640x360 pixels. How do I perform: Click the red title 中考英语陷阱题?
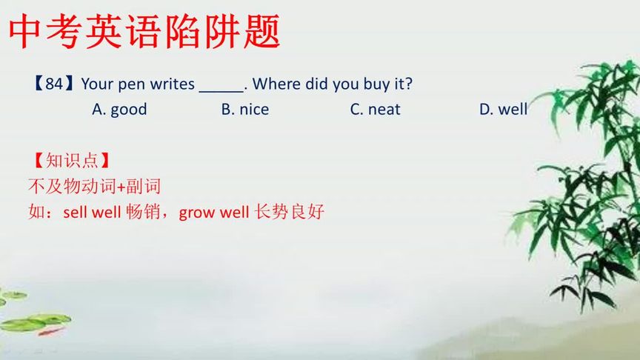(x=144, y=31)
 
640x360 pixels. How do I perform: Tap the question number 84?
(x=54, y=84)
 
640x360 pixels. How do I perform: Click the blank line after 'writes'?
(x=221, y=91)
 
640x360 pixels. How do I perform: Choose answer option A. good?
(x=119, y=110)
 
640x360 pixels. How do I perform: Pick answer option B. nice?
(x=245, y=110)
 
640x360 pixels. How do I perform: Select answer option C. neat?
(x=375, y=110)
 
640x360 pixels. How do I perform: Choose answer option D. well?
(x=503, y=109)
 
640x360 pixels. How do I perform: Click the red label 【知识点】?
(x=72, y=161)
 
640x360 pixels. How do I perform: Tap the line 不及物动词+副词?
(x=94, y=187)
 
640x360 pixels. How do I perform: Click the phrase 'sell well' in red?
(x=92, y=213)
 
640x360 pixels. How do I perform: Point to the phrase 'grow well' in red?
(x=214, y=213)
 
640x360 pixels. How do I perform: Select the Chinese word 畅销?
(x=142, y=213)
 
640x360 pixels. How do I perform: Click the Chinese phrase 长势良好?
(x=289, y=212)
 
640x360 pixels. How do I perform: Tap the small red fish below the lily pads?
(x=51, y=331)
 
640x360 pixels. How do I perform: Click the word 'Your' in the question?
(x=97, y=84)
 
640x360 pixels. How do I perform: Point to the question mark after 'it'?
(x=409, y=84)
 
